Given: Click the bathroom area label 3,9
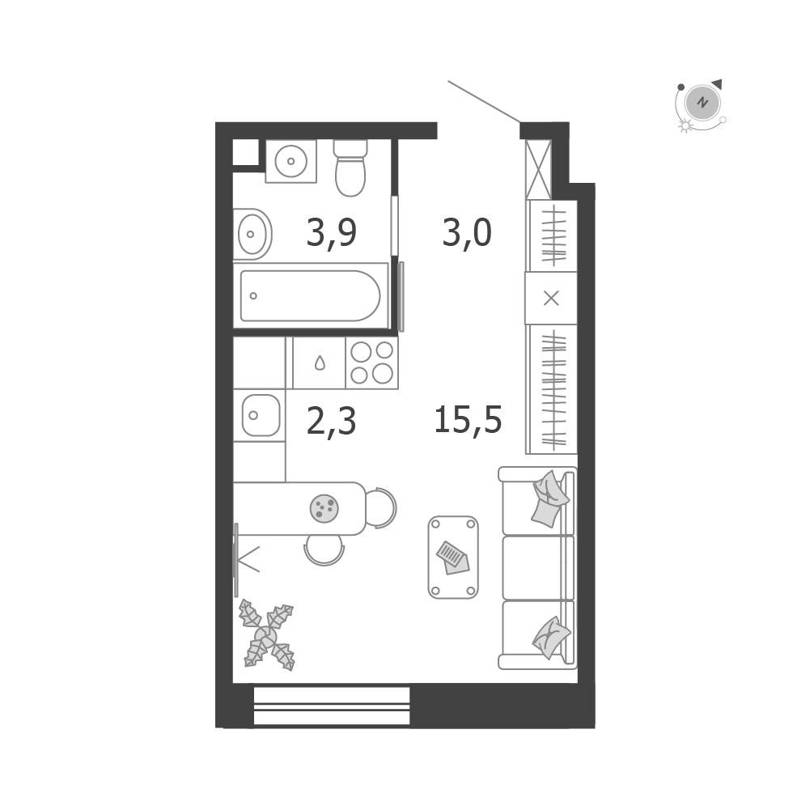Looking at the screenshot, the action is [331, 233].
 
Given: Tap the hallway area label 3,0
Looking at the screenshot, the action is [467, 233].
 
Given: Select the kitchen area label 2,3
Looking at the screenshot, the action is [331, 422].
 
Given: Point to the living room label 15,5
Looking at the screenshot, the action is [468, 419].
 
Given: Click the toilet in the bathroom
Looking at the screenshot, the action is [350, 168].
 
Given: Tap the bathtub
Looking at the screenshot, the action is [311, 295].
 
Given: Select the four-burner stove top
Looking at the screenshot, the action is [372, 363].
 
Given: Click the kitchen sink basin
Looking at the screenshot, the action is [261, 415].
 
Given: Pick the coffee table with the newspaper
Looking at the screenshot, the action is [453, 558].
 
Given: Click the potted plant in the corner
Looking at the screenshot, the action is [266, 635].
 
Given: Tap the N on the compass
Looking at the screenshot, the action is [702, 102].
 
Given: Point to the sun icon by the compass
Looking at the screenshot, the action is [685, 125].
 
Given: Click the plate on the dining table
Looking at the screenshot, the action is [324, 508].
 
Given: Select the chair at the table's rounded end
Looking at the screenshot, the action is [382, 508].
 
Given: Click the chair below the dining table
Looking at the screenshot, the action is [324, 550].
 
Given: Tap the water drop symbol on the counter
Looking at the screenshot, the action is [320, 363].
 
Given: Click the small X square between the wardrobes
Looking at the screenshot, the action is [551, 298].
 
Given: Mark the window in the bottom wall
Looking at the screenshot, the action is [332, 706].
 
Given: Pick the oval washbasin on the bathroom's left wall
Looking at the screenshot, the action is [252, 235].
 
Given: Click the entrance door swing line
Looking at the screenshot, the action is [484, 102].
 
